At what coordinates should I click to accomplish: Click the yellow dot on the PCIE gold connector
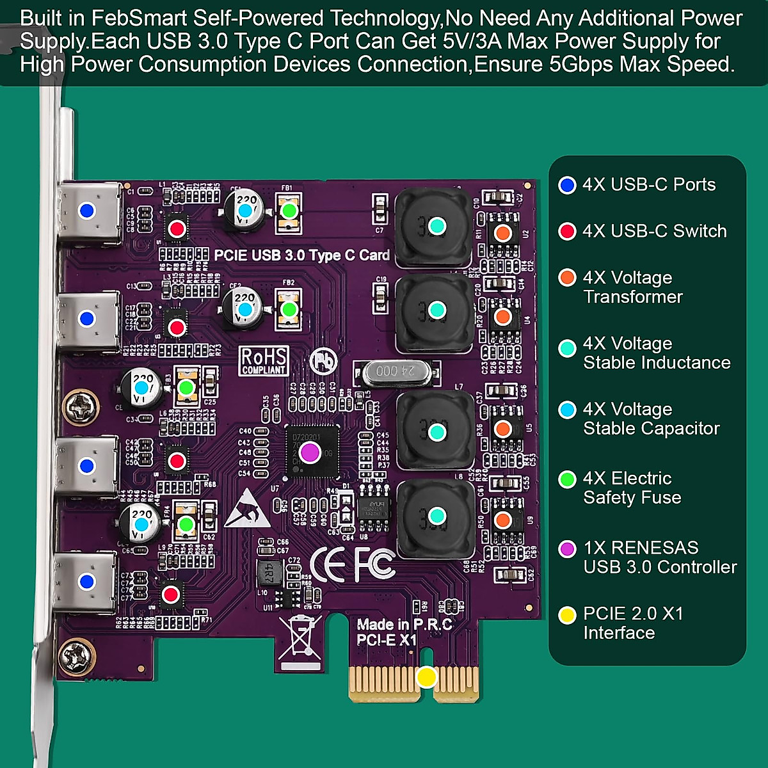[x=426, y=677]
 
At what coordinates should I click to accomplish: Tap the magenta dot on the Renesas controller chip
[x=310, y=452]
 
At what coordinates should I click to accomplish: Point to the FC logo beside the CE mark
[x=374, y=564]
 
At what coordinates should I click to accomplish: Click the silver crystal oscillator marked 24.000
[x=396, y=371]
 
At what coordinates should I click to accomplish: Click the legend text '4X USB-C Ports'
[x=648, y=185]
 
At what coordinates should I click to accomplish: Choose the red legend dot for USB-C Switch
[x=567, y=231]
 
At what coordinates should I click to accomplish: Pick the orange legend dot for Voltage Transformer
[x=567, y=278]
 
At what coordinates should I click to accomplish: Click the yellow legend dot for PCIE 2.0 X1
[x=567, y=615]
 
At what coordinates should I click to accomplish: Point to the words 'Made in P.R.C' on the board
[x=404, y=625]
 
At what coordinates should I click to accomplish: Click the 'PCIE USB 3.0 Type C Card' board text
[x=301, y=255]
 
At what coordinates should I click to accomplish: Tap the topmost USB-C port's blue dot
[x=86, y=211]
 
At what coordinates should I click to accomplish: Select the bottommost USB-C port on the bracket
[x=86, y=582]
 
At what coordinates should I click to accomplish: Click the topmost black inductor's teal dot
[x=436, y=225]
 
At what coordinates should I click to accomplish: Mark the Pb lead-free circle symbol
[x=323, y=361]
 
